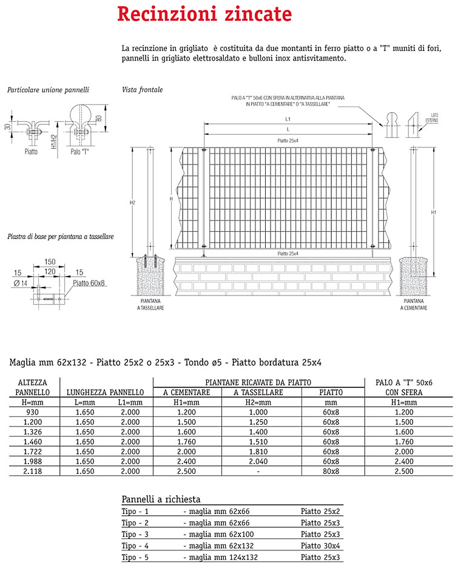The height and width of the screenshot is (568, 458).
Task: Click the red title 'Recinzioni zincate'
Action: (x=204, y=15)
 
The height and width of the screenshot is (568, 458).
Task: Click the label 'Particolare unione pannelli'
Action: (x=48, y=90)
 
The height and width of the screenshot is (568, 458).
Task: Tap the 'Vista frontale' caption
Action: (x=142, y=90)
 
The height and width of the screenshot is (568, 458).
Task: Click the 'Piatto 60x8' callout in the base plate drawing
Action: (x=89, y=282)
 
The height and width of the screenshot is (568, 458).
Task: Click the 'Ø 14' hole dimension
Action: (x=20, y=282)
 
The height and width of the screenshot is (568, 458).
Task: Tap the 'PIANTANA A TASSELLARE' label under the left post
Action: (x=150, y=304)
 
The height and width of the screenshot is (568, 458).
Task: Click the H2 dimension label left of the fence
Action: (x=132, y=202)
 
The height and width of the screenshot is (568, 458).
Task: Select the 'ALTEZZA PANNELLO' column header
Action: (x=33, y=387)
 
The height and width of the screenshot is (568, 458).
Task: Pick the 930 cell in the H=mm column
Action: (x=33, y=412)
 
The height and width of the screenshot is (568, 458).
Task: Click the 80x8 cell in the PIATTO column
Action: (x=331, y=471)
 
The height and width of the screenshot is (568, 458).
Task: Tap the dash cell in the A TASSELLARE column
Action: (x=258, y=471)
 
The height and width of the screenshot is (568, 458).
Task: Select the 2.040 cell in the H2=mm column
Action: (x=258, y=461)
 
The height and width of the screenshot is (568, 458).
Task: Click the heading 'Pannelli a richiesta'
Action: (x=161, y=499)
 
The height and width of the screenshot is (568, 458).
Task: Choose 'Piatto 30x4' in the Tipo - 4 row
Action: (x=320, y=546)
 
